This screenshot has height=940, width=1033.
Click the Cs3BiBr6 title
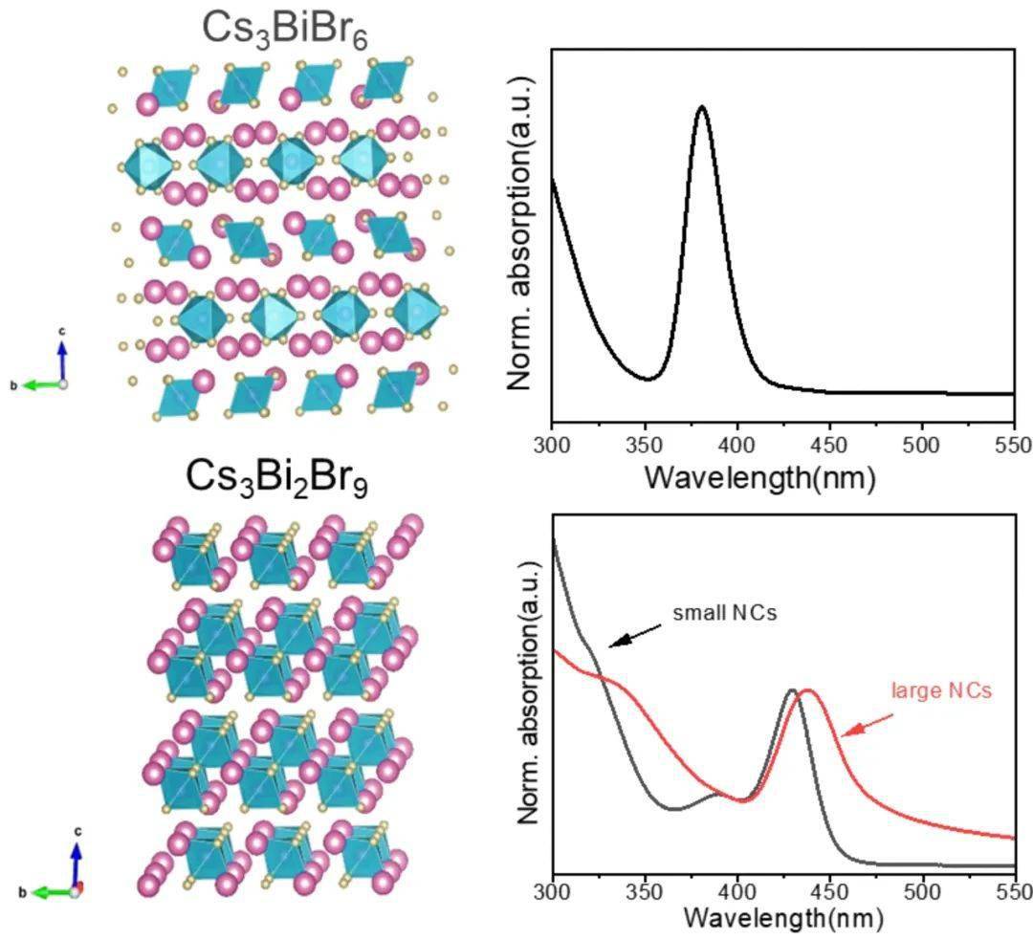(285, 30)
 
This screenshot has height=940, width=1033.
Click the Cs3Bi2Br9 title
(278, 477)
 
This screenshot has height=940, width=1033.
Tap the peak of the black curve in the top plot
(702, 106)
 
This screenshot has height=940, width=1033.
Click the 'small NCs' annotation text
(724, 612)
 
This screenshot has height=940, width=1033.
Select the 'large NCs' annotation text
(941, 689)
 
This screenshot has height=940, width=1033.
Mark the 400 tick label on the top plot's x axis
(736, 446)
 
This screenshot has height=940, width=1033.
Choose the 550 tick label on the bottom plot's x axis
(1013, 892)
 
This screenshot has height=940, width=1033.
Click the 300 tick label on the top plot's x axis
(553, 446)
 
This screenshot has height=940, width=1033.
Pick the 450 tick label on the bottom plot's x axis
(829, 892)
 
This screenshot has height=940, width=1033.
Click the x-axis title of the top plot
(759, 476)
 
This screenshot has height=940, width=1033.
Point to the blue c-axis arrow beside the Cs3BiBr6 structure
(62, 358)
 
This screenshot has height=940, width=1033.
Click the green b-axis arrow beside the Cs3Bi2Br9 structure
(53, 892)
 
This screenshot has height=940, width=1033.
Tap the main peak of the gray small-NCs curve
(791, 689)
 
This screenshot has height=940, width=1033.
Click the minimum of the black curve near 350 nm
(648, 379)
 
